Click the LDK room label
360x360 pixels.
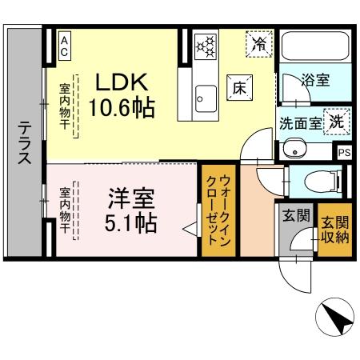click(x=122, y=82)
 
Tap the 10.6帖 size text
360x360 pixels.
click(x=122, y=106)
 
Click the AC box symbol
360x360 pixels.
click(x=64, y=45)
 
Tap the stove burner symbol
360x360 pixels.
click(x=206, y=46)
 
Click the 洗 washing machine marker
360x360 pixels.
click(x=338, y=122)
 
